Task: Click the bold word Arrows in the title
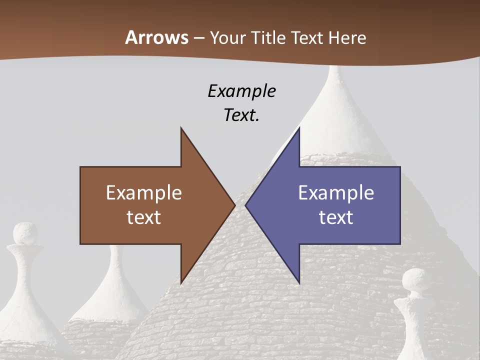click(x=156, y=37)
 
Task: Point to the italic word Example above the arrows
click(x=242, y=91)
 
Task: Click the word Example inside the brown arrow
click(x=144, y=193)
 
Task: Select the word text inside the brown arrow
click(x=144, y=217)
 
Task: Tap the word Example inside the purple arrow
click(x=336, y=193)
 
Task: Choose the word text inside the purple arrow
click(x=336, y=217)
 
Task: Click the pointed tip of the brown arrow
click(x=234, y=205)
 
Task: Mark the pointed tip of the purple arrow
click(x=246, y=205)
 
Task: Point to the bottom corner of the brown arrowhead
click(x=181, y=282)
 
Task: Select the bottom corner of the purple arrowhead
click(x=298, y=282)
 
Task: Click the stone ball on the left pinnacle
click(x=25, y=234)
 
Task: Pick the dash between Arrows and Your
click(x=198, y=38)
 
